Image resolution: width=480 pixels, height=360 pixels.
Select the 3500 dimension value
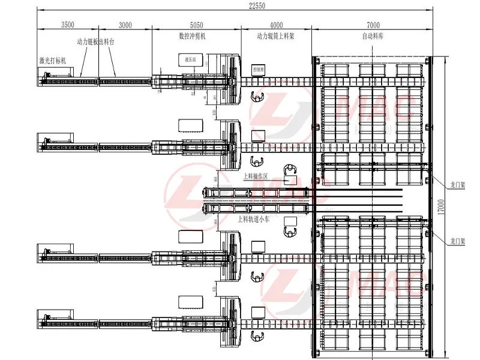[x=68, y=25]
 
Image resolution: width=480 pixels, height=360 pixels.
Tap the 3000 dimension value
[x=125, y=25]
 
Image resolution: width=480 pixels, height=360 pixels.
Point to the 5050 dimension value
[x=196, y=25]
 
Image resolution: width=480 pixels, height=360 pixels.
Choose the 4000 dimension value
[x=277, y=25]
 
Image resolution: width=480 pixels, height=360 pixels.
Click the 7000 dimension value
[x=373, y=25]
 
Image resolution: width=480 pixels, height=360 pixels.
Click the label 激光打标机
[x=53, y=61]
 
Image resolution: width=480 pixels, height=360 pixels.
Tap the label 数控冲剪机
[x=193, y=36]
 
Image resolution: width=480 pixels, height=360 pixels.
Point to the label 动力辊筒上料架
[x=275, y=36]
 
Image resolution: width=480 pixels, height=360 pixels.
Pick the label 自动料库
[x=373, y=36]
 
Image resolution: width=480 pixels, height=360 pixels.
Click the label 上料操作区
[x=255, y=177]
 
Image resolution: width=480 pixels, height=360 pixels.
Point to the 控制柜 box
[x=259, y=70]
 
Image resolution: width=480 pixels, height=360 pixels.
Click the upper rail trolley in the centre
[x=256, y=193]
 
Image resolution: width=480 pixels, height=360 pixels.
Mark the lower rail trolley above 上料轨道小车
[x=256, y=208]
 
